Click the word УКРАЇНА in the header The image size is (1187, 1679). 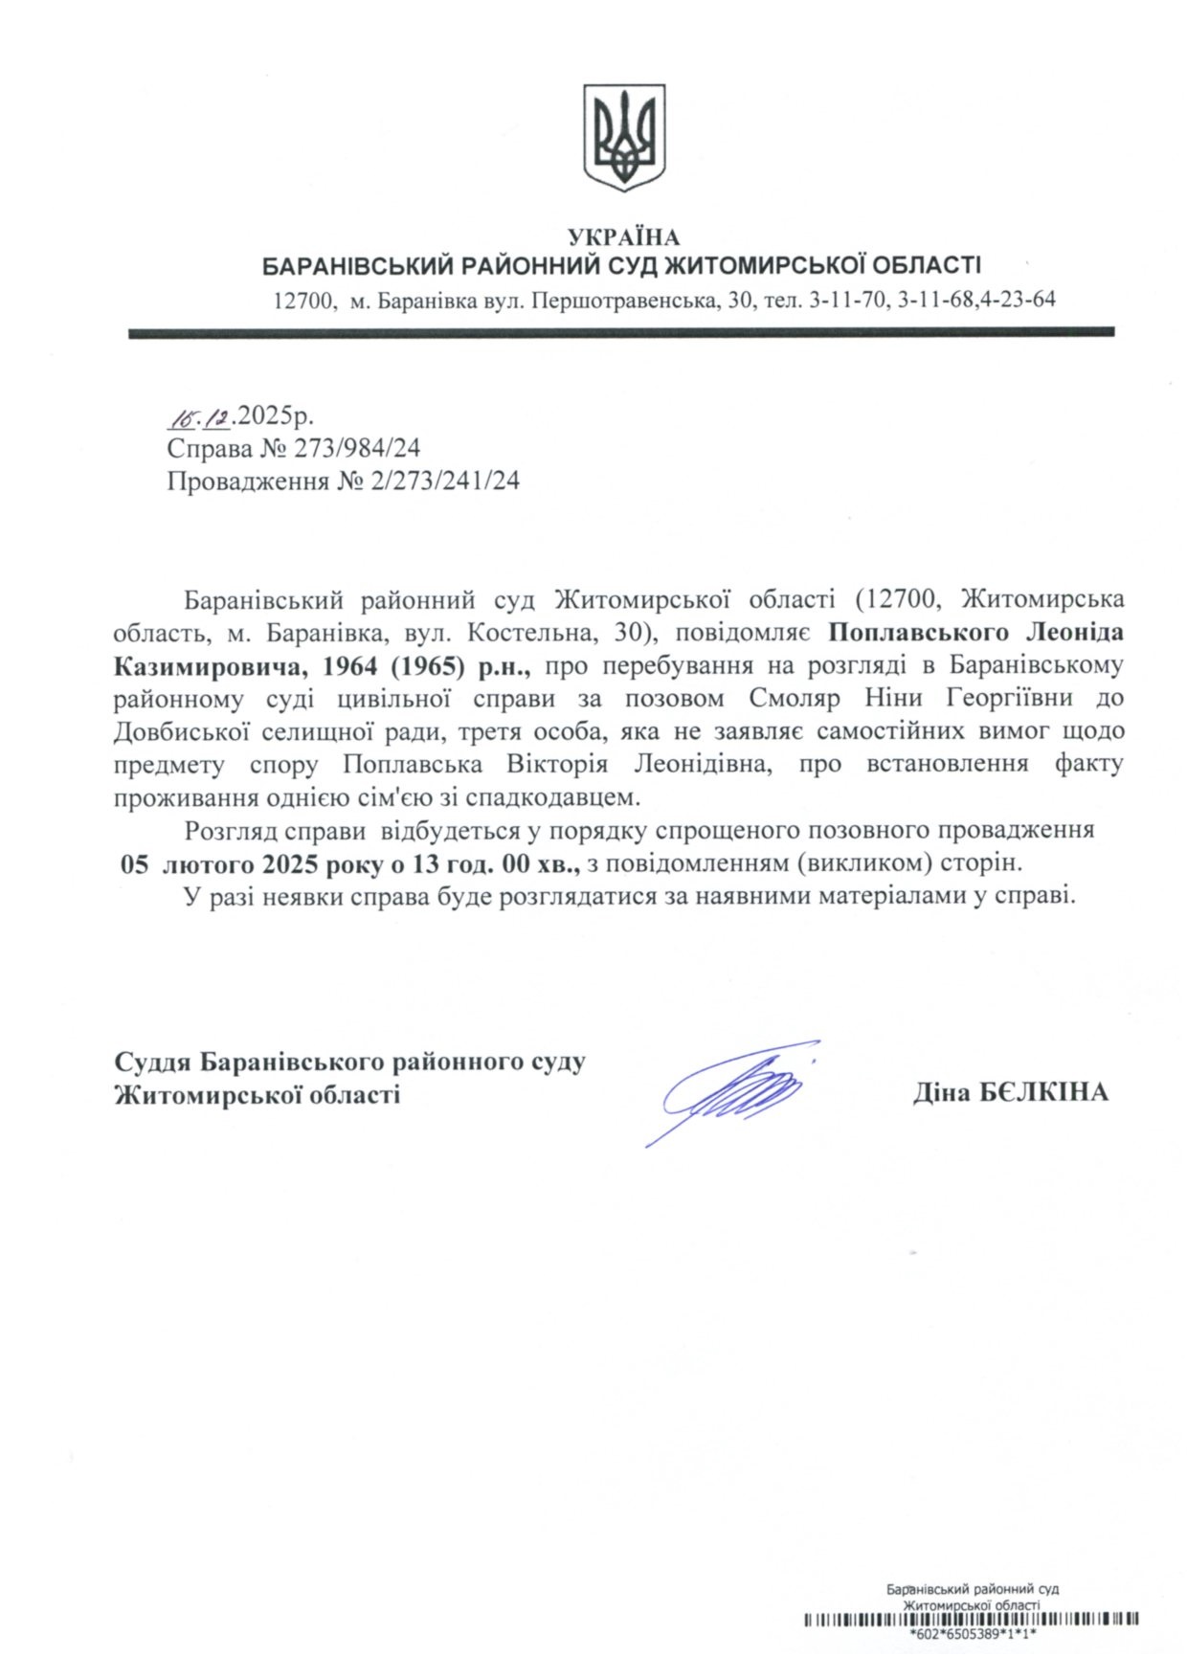tap(623, 237)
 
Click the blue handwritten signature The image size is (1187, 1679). tap(732, 1091)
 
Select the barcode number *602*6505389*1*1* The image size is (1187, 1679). tap(973, 1636)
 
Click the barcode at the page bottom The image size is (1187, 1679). tap(972, 1621)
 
